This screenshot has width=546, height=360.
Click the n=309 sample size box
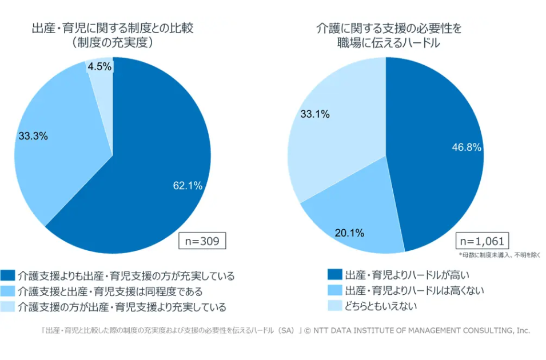(202, 240)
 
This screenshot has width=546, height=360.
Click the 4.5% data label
(99, 67)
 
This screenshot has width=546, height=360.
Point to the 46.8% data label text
(467, 147)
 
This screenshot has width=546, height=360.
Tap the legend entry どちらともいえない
(380, 306)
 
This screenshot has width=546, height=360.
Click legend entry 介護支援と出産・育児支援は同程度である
(114, 291)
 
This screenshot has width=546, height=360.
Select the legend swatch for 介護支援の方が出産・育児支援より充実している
(8, 307)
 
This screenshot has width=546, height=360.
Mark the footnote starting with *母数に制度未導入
(499, 255)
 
